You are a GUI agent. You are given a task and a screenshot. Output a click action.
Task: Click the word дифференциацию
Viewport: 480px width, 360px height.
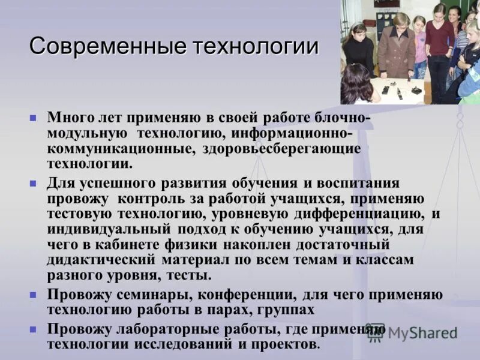click(358, 214)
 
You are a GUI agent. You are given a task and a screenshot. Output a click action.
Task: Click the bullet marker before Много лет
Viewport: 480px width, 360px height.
click(34, 118)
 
